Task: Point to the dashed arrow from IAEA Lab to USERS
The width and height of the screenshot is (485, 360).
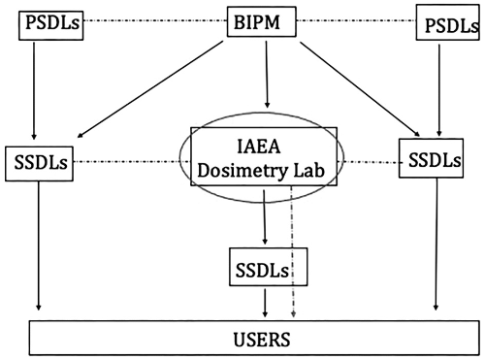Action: [294, 252]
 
